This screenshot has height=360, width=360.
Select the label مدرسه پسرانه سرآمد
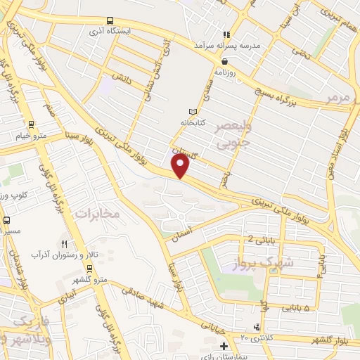pyautogui.click(x=226, y=47)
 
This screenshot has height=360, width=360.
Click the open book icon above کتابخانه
pyautogui.click(x=193, y=111)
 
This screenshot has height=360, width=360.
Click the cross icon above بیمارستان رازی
pyautogui.click(x=223, y=346)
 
